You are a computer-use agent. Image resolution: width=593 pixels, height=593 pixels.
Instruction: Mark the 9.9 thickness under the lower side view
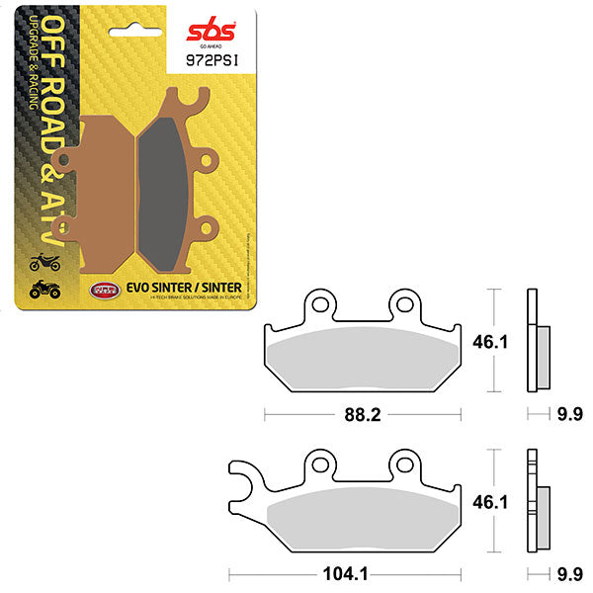pos(567,572)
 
